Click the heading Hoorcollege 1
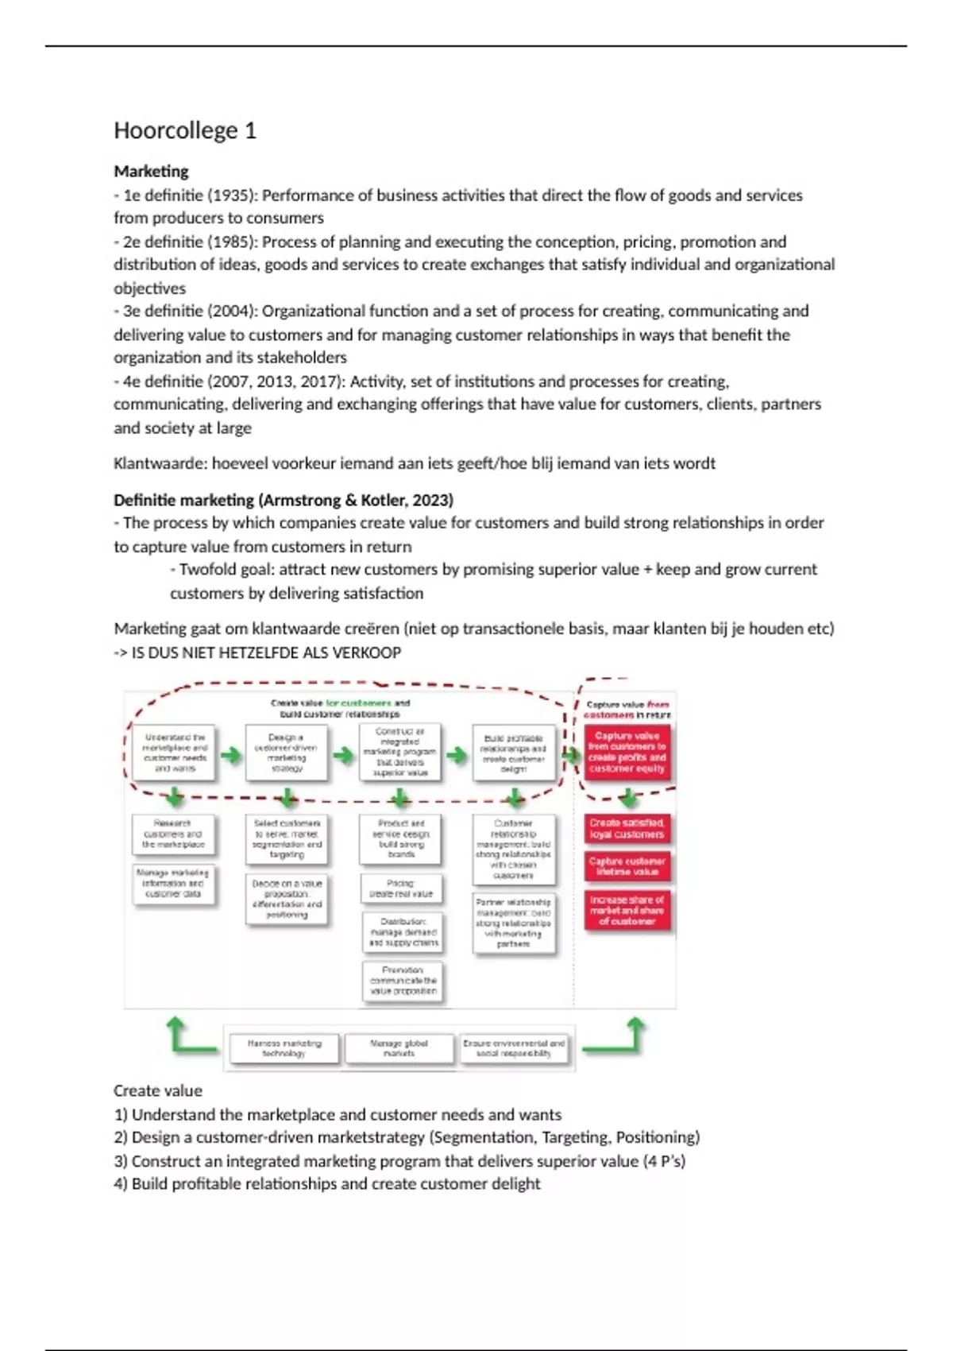click(185, 130)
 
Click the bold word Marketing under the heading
click(151, 171)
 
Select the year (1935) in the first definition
click(231, 195)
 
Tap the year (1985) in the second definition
click(231, 242)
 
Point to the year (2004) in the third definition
click(231, 311)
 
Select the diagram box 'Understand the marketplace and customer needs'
click(175, 753)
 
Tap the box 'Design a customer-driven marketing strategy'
click(287, 753)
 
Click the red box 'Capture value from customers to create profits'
click(627, 752)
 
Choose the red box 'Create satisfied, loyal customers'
click(627, 829)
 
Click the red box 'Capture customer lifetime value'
click(627, 866)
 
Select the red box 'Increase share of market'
click(627, 911)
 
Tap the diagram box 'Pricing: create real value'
click(401, 888)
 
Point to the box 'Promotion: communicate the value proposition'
click(403, 981)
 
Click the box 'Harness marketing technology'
click(284, 1048)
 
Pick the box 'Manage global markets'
click(399, 1048)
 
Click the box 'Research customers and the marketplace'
click(173, 834)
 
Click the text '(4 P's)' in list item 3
click(664, 1161)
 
